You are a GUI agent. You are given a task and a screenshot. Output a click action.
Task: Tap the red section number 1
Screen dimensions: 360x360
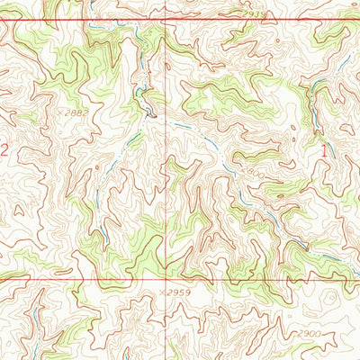coord(324,152)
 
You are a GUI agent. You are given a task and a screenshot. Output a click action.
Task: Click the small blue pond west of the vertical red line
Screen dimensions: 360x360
coord(149,113)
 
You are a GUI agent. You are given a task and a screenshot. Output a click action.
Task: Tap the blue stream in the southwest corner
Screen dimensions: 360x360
coord(36,315)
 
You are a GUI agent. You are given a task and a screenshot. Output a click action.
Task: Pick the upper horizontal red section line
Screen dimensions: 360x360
coord(90,20)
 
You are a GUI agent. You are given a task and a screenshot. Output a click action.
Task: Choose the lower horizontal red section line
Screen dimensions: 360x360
coord(90,278)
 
